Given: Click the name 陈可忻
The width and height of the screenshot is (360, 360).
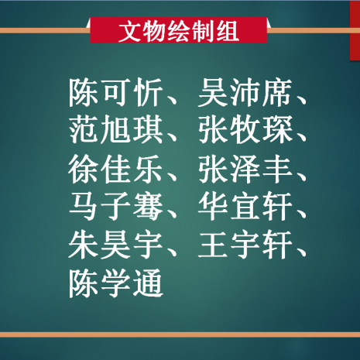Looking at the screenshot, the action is coord(116,92).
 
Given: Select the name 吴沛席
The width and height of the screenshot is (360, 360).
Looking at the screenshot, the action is coord(245,92).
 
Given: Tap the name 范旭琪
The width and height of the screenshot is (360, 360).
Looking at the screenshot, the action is coord(116,130).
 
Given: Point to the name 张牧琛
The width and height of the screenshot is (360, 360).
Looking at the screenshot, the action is coord(245,130).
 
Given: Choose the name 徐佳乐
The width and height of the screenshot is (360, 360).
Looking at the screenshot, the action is coord(116,169).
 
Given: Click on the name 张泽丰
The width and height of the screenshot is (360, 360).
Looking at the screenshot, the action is coord(245,169).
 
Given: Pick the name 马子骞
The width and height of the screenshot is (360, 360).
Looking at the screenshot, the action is coord(116,207).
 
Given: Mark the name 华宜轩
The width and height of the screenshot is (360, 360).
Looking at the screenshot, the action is coord(245,207).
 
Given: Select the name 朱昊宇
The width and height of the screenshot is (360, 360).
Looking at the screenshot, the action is coord(116,245).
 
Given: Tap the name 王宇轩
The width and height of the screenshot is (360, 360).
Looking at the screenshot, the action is coord(245,245).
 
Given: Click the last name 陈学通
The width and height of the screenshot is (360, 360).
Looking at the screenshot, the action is coord(116,283).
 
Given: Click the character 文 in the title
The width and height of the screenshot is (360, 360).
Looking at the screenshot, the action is coord(130,31).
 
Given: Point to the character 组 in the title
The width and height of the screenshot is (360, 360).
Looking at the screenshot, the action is coord(228,31).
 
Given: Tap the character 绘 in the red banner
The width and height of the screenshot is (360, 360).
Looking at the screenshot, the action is coord(179,31).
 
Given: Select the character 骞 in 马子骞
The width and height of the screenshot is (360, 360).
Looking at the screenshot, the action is coord(148,207).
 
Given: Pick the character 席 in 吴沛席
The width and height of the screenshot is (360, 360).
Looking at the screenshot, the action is coord(277,92).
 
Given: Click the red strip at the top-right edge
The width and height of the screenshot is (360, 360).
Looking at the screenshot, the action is coord(355,30).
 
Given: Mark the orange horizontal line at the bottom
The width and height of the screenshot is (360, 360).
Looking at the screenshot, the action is coord(180,335).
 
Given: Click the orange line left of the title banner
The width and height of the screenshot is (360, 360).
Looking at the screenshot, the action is coord(44,31).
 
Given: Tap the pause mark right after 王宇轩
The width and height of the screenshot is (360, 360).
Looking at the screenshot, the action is coord(300,252).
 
